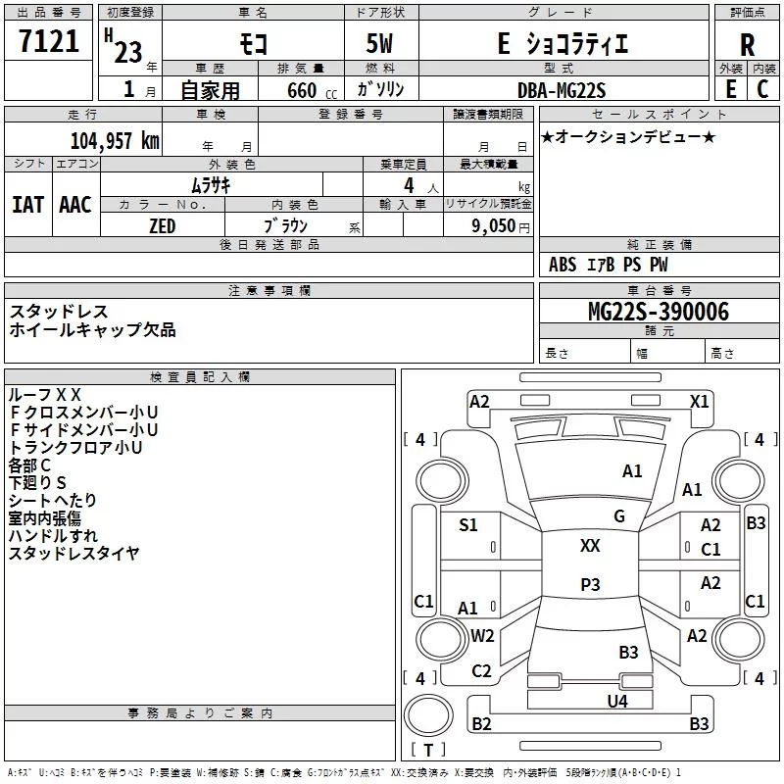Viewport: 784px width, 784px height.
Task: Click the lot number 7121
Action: pos(49,41)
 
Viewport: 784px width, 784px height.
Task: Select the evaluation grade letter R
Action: pos(747,45)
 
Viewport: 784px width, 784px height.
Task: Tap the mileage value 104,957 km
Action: pos(115,141)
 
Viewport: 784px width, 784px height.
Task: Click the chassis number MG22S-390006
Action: pos(659,312)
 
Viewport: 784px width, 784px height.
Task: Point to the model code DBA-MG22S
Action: pos(562,90)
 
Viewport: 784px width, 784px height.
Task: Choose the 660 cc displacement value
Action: pos(312,91)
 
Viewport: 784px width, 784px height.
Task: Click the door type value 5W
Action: pos(379,43)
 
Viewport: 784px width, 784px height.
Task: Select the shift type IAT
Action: pos(27,205)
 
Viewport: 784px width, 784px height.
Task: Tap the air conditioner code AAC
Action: pos(75,205)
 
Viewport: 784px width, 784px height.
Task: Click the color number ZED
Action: pos(162,226)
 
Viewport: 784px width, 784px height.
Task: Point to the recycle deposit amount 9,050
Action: pos(494,226)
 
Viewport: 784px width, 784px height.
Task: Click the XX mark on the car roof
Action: pos(590,546)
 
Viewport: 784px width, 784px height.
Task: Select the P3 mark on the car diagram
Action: pos(590,584)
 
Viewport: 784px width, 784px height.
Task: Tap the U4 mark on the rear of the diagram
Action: pos(617,702)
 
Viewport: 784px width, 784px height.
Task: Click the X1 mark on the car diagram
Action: pos(699,402)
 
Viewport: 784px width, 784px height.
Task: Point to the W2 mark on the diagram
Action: pos(482,636)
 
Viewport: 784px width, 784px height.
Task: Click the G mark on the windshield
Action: pos(619,516)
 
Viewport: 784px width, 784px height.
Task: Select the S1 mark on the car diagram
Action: pos(468,525)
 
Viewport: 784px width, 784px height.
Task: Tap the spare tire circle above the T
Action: pos(428,715)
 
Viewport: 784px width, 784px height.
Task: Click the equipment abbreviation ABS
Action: pos(563,265)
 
